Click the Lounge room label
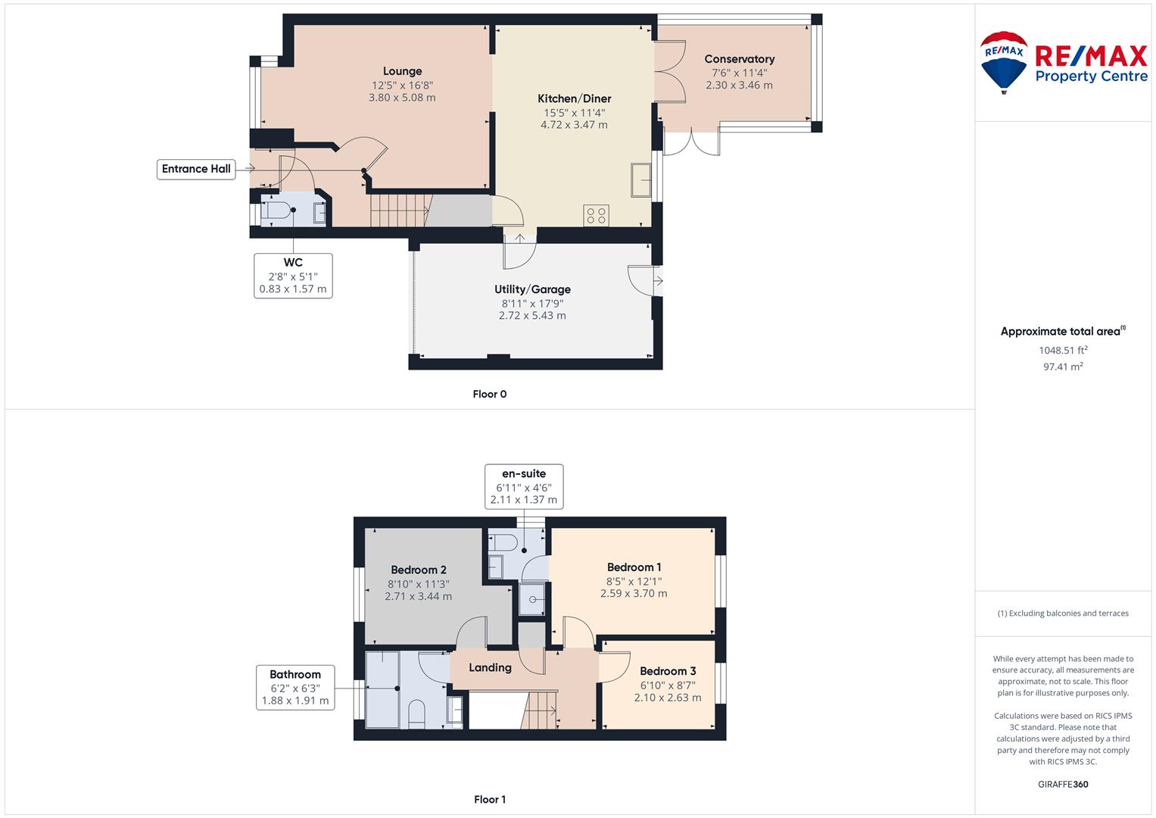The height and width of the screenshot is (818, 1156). pyautogui.click(x=402, y=71)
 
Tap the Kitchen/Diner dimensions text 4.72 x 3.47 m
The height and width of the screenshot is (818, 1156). pyautogui.click(x=574, y=125)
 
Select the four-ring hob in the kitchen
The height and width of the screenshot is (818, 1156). pyautogui.click(x=596, y=215)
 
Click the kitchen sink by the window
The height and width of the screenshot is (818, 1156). pyautogui.click(x=641, y=180)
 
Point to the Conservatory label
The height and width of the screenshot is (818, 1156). pyautogui.click(x=740, y=59)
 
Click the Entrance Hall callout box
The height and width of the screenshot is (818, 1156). pyautogui.click(x=196, y=169)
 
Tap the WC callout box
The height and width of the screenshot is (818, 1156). pyautogui.click(x=293, y=276)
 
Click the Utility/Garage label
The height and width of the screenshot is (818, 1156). pyautogui.click(x=533, y=289)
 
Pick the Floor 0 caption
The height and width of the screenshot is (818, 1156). pyautogui.click(x=490, y=394)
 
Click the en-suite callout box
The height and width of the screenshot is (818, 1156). pyautogui.click(x=524, y=486)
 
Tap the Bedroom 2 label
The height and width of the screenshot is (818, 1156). pyautogui.click(x=419, y=570)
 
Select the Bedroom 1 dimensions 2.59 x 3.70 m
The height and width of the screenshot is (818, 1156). pyautogui.click(x=634, y=594)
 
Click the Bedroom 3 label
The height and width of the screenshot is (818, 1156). pyautogui.click(x=668, y=671)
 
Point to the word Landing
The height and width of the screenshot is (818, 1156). pyautogui.click(x=491, y=668)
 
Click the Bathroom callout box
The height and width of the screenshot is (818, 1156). pyautogui.click(x=295, y=688)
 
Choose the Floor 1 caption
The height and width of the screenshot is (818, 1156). pyautogui.click(x=490, y=799)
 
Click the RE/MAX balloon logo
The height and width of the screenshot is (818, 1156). pyautogui.click(x=1004, y=62)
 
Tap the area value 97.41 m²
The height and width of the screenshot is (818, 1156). pyautogui.click(x=1063, y=367)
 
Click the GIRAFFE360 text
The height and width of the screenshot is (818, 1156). pyautogui.click(x=1063, y=784)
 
